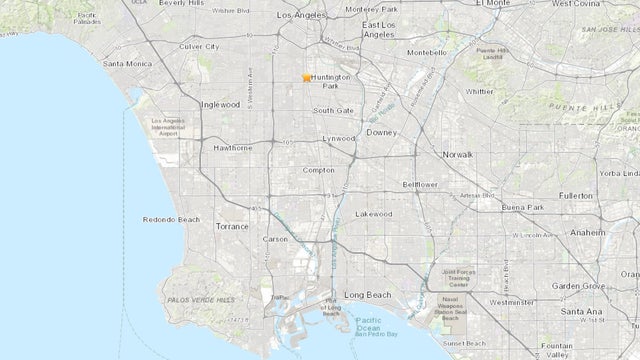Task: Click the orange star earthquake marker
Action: pyautogui.click(x=307, y=77)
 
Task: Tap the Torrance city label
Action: pyautogui.click(x=232, y=227)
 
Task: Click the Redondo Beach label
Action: pyautogui.click(x=173, y=218)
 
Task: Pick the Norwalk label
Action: pyautogui.click(x=458, y=154)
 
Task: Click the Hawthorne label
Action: pyautogui.click(x=232, y=147)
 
